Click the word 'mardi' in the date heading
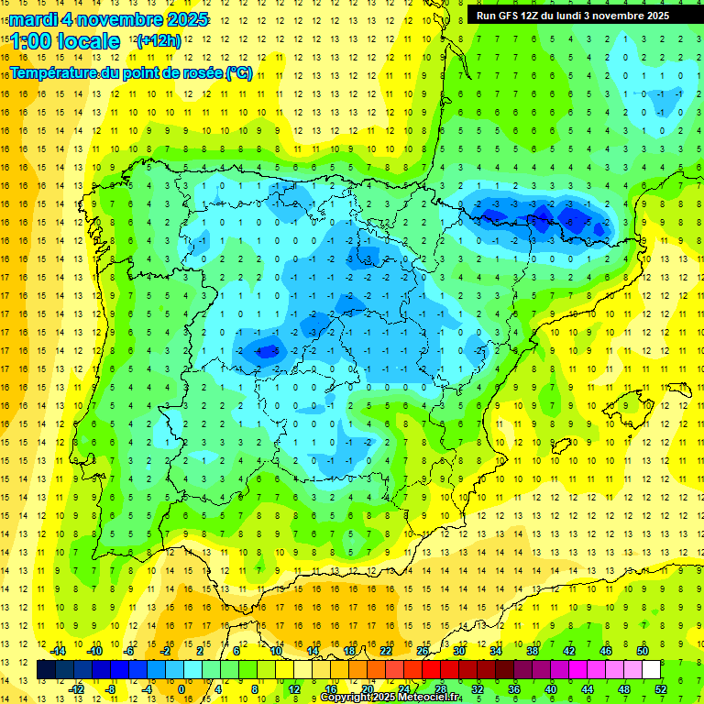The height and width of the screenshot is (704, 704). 32,19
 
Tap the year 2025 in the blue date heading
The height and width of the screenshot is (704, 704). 184,19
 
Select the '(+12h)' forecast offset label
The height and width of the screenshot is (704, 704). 159,41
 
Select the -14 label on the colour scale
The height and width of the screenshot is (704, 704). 60,651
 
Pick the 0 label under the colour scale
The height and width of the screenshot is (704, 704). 181,689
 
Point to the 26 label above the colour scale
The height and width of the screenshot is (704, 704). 423,651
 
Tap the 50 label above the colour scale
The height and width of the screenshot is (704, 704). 642,651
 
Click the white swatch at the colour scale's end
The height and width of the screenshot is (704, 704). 651,670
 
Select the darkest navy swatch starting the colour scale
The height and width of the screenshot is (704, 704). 46,670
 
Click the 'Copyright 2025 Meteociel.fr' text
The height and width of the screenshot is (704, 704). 390,698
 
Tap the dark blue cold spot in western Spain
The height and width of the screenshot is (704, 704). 265,349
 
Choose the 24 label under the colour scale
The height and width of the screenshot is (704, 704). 404,689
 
